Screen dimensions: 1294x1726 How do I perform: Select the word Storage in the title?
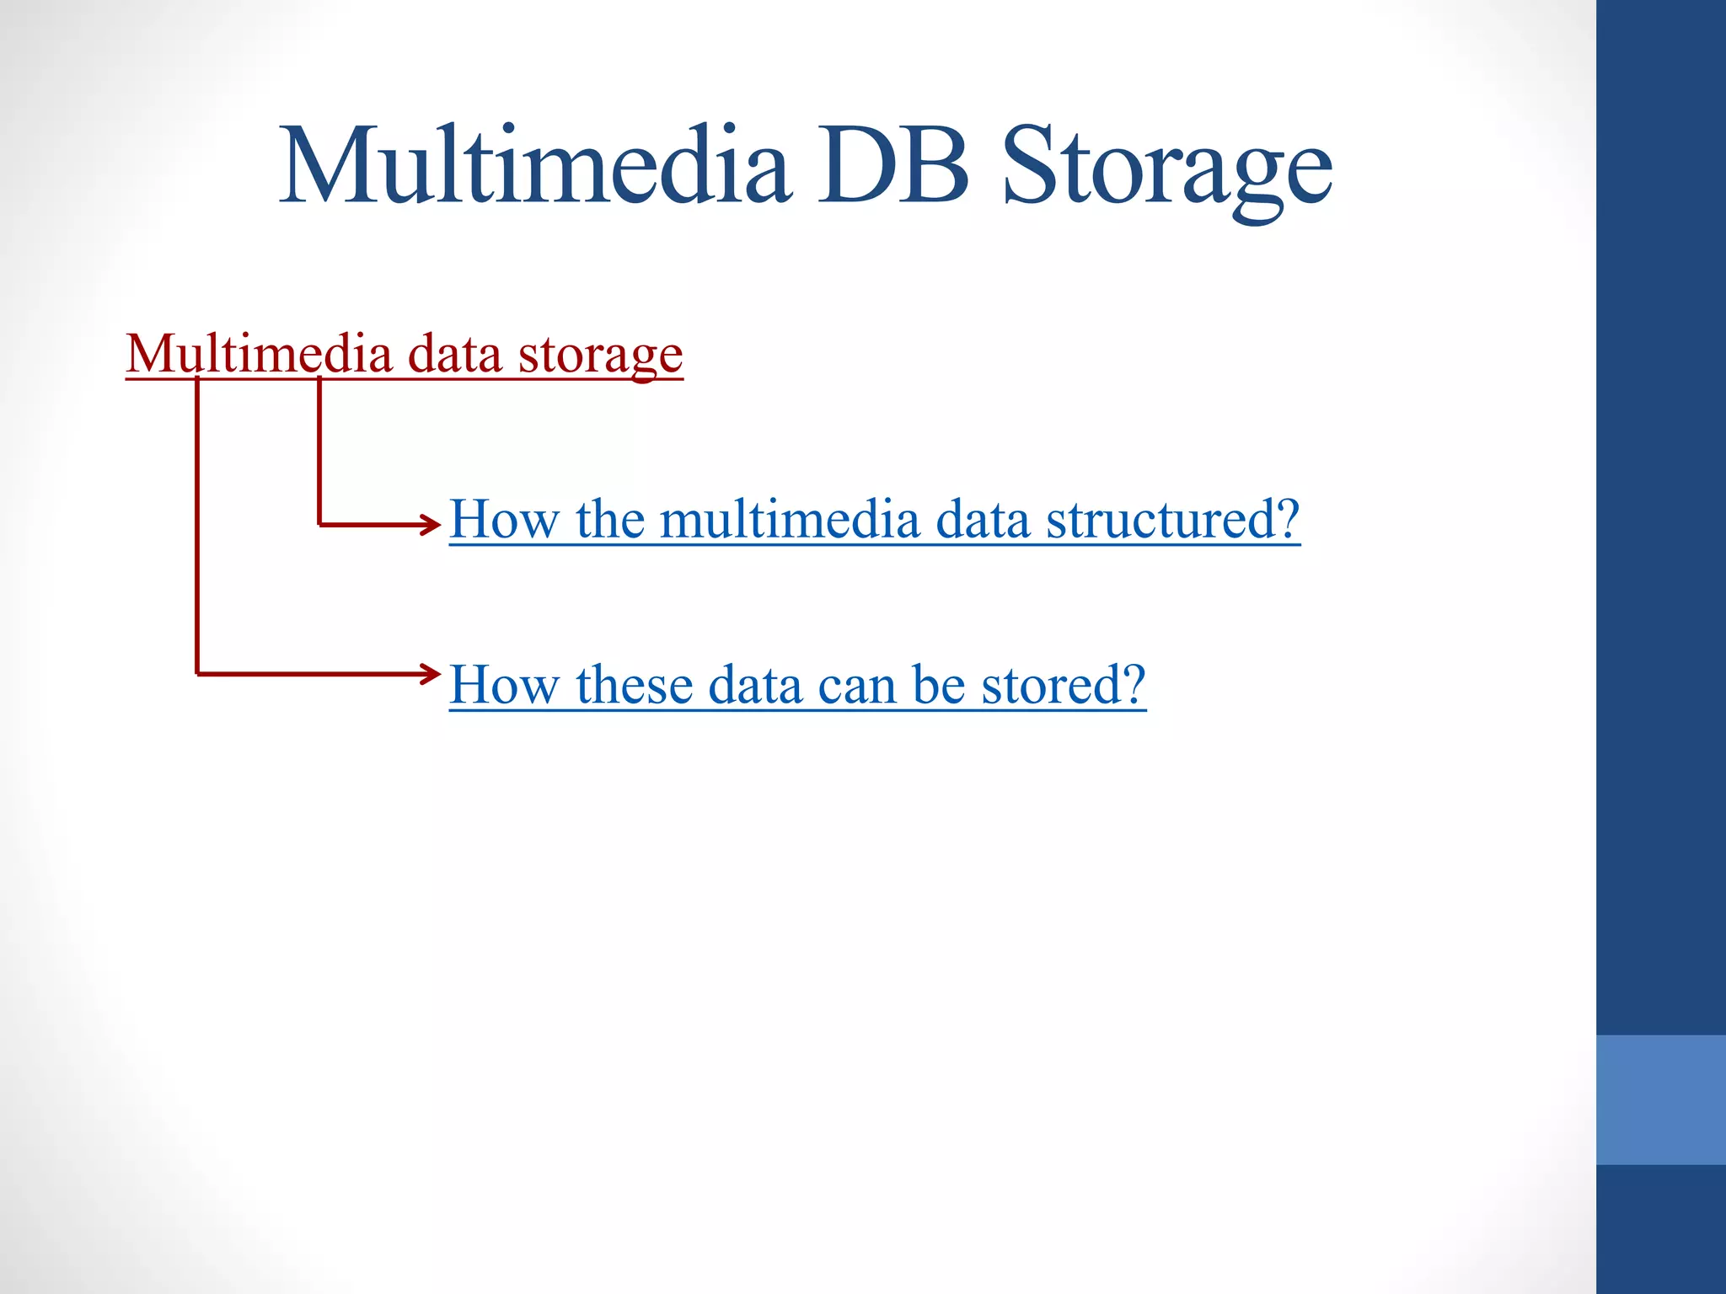[x=1167, y=168]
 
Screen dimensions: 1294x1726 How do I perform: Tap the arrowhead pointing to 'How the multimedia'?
[x=431, y=525]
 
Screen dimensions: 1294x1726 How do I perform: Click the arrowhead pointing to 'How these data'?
[x=431, y=674]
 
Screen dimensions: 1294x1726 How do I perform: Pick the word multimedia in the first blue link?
[x=790, y=519]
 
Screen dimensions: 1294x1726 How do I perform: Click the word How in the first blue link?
[x=504, y=519]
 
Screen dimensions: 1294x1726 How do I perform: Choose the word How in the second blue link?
[x=504, y=684]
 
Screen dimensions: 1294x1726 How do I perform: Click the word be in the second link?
[x=938, y=684]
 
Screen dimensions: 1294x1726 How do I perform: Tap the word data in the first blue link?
[x=983, y=519]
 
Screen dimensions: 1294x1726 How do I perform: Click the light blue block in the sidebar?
[x=1660, y=1099]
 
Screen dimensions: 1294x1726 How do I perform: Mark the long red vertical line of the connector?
[x=197, y=527]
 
